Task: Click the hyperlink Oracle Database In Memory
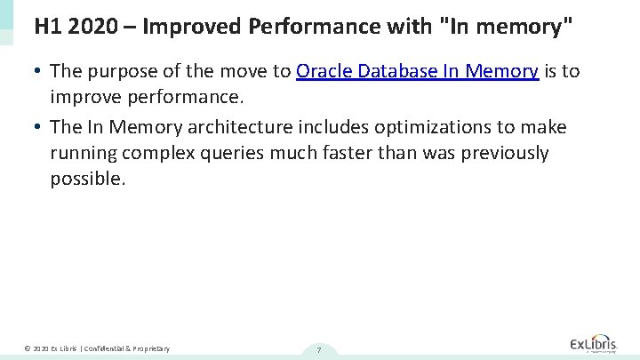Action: [x=417, y=72]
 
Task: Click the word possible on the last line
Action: [x=88, y=179]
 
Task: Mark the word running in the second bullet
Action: [x=84, y=154]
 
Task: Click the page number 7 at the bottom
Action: [x=318, y=349]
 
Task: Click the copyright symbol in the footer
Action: [x=28, y=348]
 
